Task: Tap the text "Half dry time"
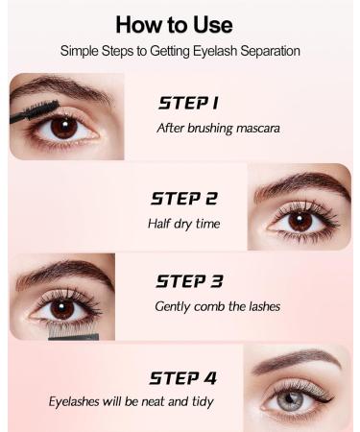[x=184, y=223]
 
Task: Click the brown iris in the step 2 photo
[x=300, y=220]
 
